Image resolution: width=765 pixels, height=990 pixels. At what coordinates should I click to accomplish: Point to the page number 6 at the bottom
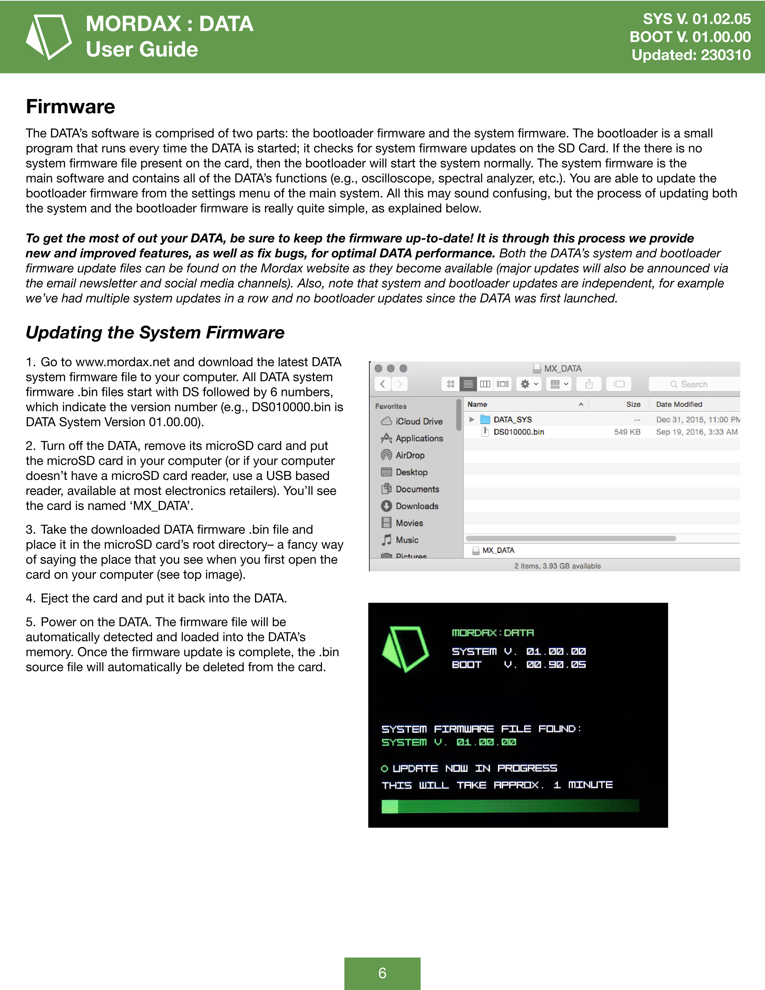click(x=382, y=973)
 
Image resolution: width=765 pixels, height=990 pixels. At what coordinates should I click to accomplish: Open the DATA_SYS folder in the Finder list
click(x=512, y=420)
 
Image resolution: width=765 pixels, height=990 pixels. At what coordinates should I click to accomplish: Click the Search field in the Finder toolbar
click(x=693, y=384)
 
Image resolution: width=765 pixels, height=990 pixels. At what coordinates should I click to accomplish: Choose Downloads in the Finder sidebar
click(x=416, y=506)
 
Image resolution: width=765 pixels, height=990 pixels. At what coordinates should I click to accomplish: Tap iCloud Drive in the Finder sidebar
click(x=418, y=421)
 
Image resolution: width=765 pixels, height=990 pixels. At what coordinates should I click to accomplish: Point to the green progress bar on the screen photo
click(x=510, y=806)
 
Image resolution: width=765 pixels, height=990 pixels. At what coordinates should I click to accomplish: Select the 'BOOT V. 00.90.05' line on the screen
click(x=518, y=664)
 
